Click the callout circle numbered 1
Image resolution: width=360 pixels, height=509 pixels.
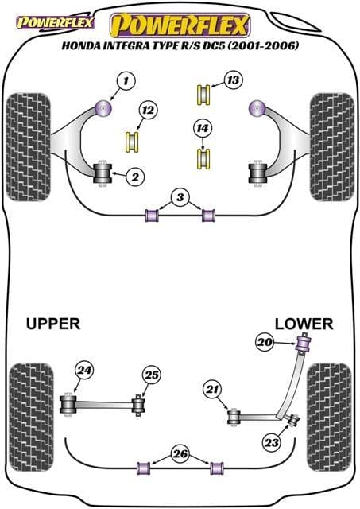pyautogui.click(x=124, y=80)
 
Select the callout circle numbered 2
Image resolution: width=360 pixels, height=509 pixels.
pyautogui.click(x=136, y=177)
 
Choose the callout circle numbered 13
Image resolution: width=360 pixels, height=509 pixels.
pyautogui.click(x=232, y=80)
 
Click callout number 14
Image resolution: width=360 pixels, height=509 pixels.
pyautogui.click(x=203, y=127)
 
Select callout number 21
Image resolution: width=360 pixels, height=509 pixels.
pyautogui.click(x=211, y=389)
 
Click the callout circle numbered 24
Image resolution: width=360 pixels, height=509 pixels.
pyautogui.click(x=83, y=369)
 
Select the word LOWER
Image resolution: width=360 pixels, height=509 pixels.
pyautogui.click(x=304, y=324)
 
